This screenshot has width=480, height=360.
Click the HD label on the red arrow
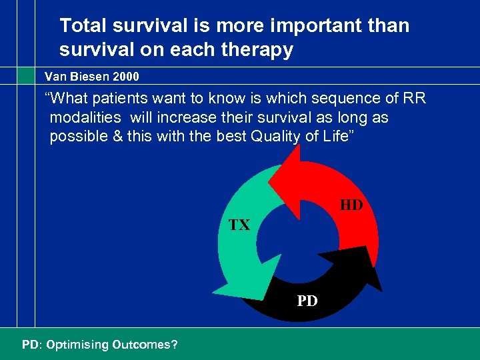(351, 205)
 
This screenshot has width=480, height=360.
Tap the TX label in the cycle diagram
(239, 225)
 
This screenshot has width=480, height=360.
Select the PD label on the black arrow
(307, 301)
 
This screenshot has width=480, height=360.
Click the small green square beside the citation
(26, 77)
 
